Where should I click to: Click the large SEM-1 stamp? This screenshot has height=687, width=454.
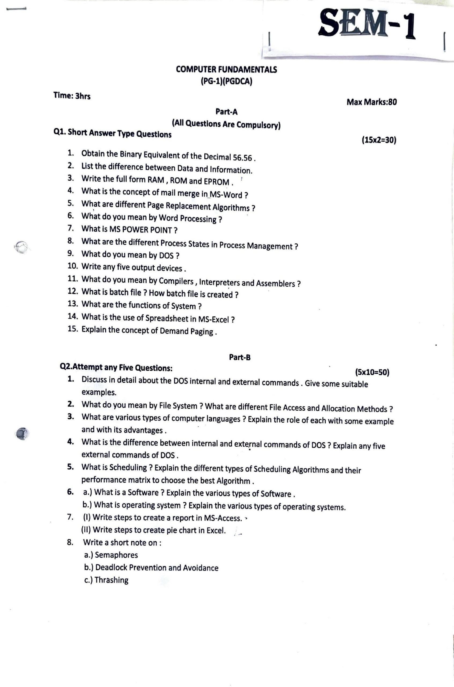coord(367,23)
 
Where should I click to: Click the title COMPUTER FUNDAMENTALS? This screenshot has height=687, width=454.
coord(226,70)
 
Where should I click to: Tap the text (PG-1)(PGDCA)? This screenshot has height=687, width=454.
coord(226,81)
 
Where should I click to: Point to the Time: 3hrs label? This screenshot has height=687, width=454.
coord(72,96)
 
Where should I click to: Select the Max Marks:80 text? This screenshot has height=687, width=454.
coord(371,102)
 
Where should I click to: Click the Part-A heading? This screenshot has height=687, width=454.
coord(226,112)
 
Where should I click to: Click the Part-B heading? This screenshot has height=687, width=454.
coord(240,357)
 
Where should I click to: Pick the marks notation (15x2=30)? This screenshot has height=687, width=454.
coord(379,140)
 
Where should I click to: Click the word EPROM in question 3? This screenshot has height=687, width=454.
coord(217,182)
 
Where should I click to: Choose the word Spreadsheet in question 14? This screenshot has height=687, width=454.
coord(167,318)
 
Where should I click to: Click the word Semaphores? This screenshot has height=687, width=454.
coord(116,555)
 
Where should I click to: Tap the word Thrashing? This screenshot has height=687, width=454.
coord(112,580)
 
